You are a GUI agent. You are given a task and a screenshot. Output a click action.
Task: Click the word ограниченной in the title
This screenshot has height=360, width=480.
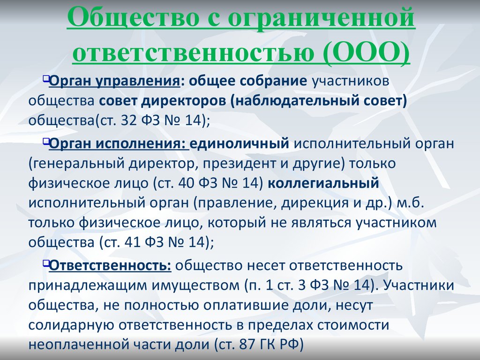coord(322,17)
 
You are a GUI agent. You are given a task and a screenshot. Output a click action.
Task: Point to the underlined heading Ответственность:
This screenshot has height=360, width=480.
coord(110,265)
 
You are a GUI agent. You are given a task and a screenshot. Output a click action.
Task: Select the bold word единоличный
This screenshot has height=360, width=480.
coord(240,143)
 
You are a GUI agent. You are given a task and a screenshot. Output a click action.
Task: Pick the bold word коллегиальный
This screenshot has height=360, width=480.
coord(323,183)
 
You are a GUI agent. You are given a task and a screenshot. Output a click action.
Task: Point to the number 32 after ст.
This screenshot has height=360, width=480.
coord(128,121)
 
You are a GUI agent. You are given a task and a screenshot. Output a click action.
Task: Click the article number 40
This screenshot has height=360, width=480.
coord(186,183)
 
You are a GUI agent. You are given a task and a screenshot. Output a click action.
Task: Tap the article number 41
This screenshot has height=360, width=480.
coord(133,242)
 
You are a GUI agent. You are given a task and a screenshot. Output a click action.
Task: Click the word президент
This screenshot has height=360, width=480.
coord(238,164)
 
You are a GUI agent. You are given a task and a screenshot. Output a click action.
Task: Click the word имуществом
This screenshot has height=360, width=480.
coord(195,286)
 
